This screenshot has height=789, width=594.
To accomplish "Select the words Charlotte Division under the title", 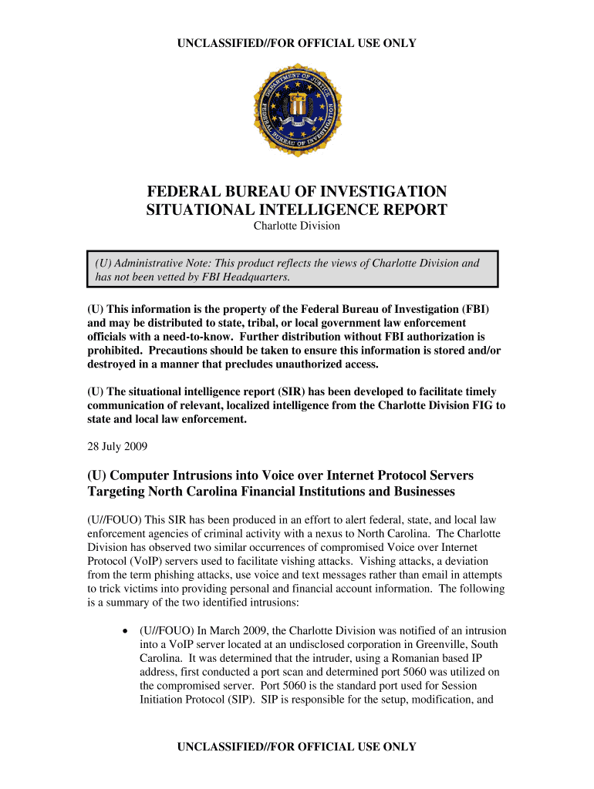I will pos(297,226).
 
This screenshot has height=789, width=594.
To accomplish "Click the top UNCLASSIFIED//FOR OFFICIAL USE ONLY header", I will pos(297,43).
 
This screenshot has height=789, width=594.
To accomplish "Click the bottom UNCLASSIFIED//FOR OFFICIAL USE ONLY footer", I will pos(297,747).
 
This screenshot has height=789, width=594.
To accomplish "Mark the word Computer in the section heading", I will pos(145,475).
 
